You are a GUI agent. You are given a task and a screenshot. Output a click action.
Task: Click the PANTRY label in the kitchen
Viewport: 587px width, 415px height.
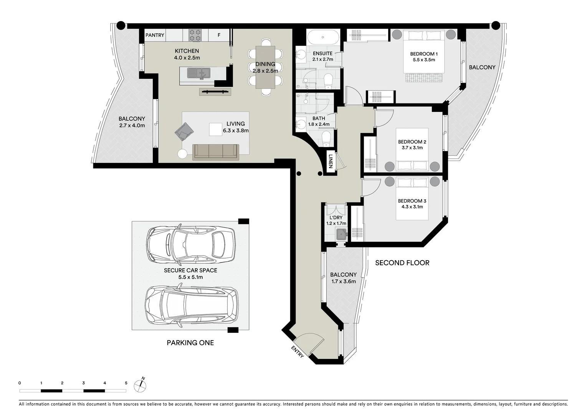coord(155,35)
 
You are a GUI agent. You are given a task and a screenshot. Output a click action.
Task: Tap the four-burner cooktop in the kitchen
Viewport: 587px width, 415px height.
coord(195,35)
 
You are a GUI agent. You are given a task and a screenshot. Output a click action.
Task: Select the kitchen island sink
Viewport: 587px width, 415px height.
coord(198,73)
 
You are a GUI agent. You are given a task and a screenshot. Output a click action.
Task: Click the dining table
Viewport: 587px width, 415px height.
coord(265,67)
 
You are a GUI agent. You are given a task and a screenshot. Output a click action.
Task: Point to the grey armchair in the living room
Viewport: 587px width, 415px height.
coord(184,131)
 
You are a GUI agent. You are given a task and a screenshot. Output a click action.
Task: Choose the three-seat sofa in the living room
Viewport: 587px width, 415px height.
coord(216,152)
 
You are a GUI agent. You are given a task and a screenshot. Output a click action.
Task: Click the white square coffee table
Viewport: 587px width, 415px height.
coord(216,129)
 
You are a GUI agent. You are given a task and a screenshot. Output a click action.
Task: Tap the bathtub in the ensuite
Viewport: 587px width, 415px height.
coord(323,37)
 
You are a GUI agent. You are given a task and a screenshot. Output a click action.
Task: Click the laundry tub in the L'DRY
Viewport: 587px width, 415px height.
coord(341,234)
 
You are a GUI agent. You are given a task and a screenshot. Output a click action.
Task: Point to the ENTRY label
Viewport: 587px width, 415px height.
coord(298,352)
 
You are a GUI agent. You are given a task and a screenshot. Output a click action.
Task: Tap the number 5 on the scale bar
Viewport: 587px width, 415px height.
coord(126,383)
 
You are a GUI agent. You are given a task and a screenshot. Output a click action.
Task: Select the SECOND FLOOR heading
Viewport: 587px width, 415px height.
coord(402,263)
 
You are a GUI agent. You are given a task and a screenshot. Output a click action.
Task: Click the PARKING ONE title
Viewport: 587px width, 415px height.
coord(190,343)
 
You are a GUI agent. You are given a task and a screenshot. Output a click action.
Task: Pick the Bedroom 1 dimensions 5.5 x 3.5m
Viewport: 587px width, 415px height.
coord(424,60)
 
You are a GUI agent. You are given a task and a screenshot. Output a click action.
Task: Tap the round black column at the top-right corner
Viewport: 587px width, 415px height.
coord(496,25)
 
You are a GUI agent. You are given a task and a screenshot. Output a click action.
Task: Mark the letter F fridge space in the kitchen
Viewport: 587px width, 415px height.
coord(219,35)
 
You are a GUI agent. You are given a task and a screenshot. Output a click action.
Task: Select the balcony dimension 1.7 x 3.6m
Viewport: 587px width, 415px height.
coord(344,282)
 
